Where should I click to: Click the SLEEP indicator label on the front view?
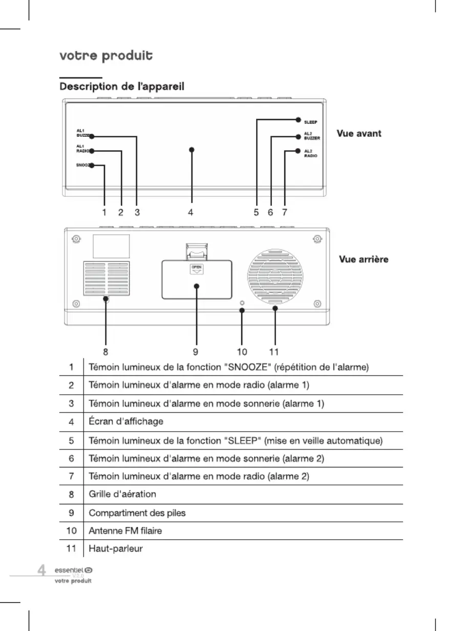(311, 123)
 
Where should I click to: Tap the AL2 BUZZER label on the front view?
(312, 136)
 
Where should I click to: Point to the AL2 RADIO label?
(311, 154)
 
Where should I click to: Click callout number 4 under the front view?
(191, 212)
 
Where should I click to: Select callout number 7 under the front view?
(284, 212)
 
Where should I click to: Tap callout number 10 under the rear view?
(242, 352)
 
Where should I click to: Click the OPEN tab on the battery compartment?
(196, 269)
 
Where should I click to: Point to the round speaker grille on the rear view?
(275, 277)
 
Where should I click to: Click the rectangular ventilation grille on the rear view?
(107, 278)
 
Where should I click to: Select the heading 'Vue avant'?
(359, 133)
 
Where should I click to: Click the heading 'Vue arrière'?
(364, 259)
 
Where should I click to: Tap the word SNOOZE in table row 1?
(247, 368)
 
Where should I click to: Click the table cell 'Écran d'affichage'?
(126, 421)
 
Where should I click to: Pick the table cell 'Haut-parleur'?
(116, 548)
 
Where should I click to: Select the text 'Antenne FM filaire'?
(125, 531)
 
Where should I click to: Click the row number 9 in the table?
(72, 513)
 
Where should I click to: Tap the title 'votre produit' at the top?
(106, 56)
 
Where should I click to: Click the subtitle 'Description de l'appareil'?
(122, 87)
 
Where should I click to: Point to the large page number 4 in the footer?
(41, 570)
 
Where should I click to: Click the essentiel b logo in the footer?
(73, 570)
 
